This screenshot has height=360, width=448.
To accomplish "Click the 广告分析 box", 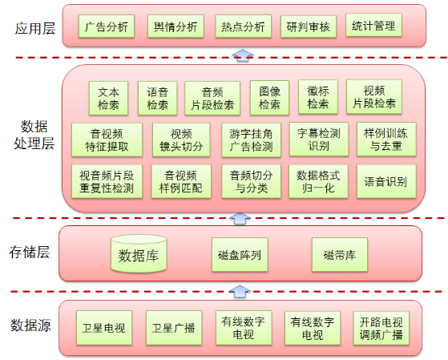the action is [x=107, y=26].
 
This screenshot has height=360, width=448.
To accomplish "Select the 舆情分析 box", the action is [x=176, y=26].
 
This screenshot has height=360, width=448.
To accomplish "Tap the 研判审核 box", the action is [x=309, y=26].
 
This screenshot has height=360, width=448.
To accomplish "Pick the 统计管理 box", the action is [x=373, y=25].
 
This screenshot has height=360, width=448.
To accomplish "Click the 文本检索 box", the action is [x=108, y=99].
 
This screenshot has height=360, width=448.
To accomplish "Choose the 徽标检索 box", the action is [x=318, y=97].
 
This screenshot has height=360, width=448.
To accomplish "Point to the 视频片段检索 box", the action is [x=374, y=97].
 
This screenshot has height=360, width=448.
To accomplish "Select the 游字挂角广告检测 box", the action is [x=251, y=140].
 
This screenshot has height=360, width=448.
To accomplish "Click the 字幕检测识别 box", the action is [x=319, y=140].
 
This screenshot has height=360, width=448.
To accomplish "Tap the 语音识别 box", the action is [x=386, y=181].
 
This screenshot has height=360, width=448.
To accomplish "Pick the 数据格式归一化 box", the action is [x=318, y=181].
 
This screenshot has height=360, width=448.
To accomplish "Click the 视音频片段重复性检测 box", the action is [x=107, y=181].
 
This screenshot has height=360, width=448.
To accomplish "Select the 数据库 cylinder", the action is [x=139, y=253].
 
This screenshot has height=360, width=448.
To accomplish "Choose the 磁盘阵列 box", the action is [x=240, y=254].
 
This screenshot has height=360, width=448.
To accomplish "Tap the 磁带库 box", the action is [x=340, y=254].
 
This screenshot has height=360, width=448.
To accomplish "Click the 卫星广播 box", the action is [x=174, y=328].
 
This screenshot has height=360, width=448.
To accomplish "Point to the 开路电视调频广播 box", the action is [x=381, y=328].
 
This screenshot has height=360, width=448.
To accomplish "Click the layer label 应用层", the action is [x=34, y=29].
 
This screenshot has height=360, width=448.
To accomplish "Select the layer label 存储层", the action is [x=30, y=253].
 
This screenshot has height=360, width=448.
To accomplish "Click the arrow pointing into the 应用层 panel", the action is [x=243, y=55].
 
